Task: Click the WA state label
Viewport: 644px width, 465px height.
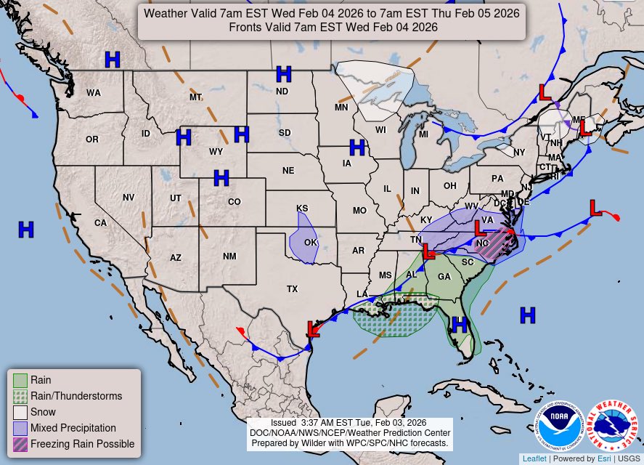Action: pyautogui.click(x=94, y=93)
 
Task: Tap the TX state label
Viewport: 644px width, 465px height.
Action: pyautogui.click(x=292, y=289)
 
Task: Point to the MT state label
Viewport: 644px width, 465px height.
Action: pyautogui.click(x=195, y=97)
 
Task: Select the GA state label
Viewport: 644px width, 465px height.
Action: pyautogui.click(x=444, y=277)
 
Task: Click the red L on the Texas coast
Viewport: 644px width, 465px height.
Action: pyautogui.click(x=313, y=329)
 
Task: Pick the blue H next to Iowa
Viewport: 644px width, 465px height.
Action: pyautogui.click(x=356, y=147)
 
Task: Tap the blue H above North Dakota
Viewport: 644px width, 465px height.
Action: pyautogui.click(x=284, y=73)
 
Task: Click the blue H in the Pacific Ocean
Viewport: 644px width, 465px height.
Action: pyautogui.click(x=26, y=230)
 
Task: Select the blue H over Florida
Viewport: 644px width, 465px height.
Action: pyautogui.click(x=459, y=324)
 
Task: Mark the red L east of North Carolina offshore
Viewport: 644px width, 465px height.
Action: pyautogui.click(x=595, y=208)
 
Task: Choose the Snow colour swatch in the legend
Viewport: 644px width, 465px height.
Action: pyautogui.click(x=20, y=412)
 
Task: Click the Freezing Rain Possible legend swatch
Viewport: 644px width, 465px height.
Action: pyautogui.click(x=20, y=444)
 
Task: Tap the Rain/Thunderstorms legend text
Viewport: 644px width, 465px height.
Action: pyautogui.click(x=76, y=396)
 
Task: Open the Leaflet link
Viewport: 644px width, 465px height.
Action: pyautogui.click(x=534, y=458)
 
